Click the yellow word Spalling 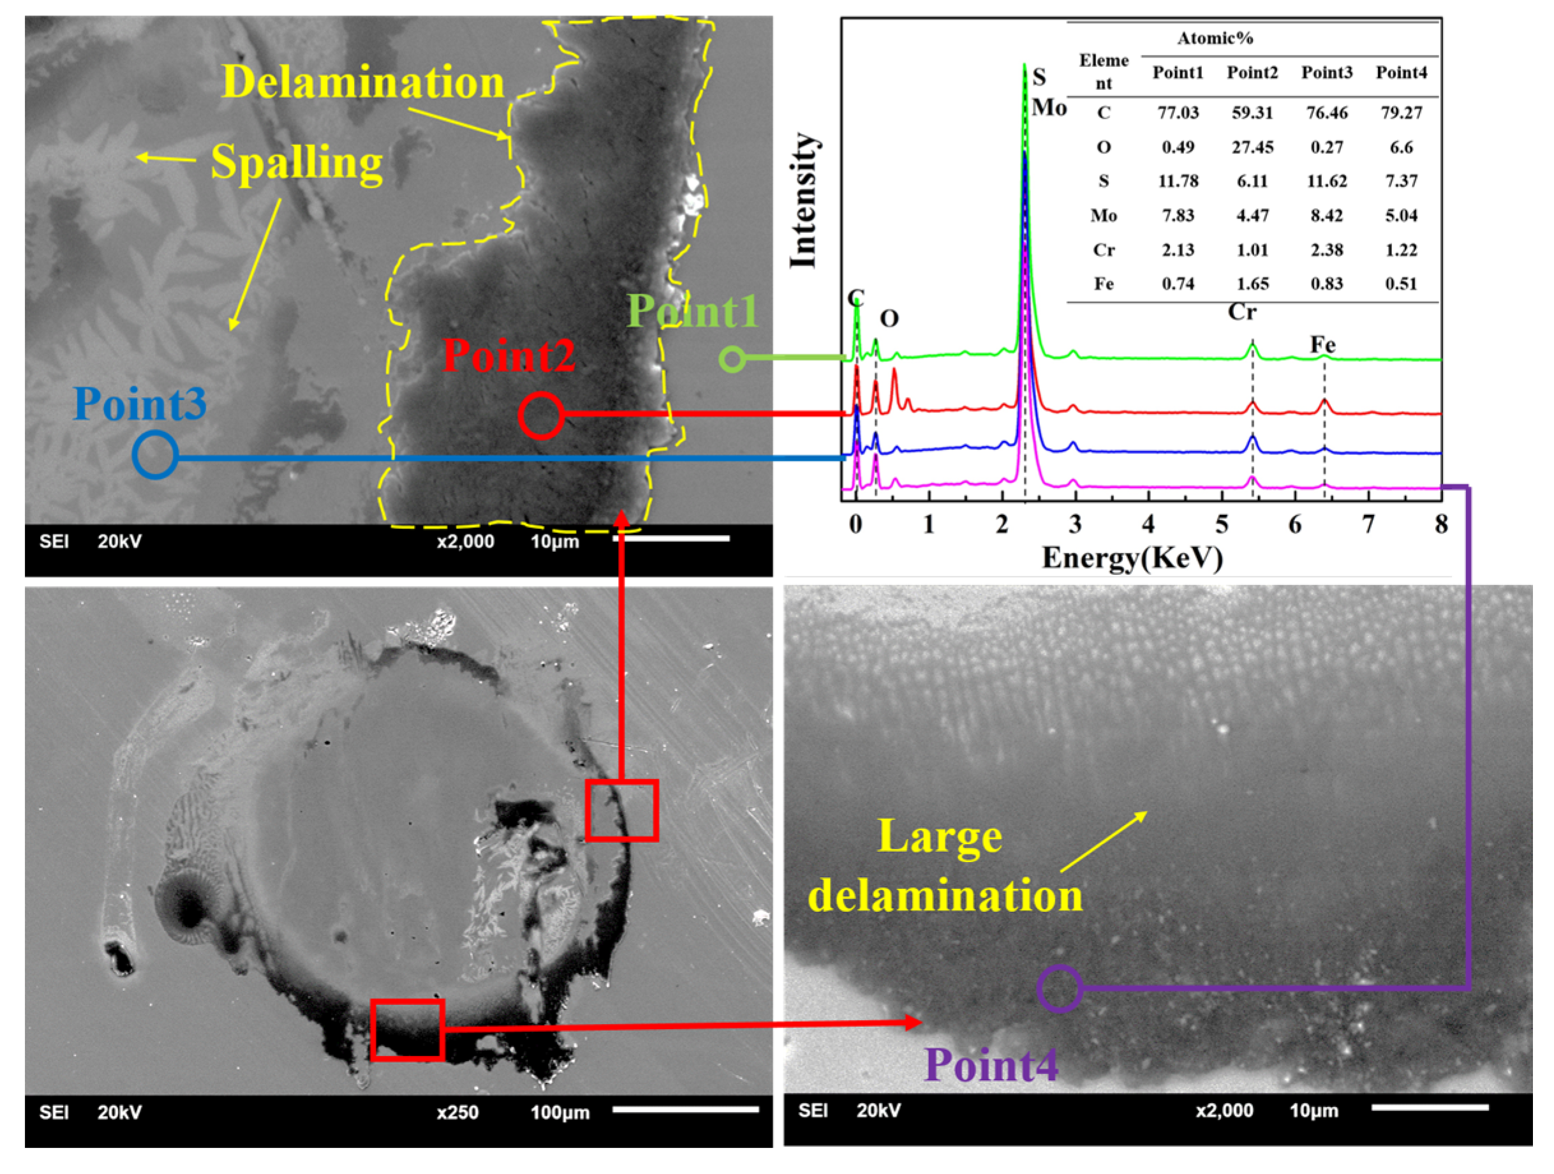[x=297, y=162]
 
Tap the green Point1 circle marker [x=732, y=359]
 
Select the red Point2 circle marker [x=541, y=415]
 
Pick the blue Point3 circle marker [x=154, y=456]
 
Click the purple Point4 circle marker [x=1059, y=988]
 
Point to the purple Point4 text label [x=991, y=1064]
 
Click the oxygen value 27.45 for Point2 [x=1252, y=147]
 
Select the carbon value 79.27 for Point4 [x=1401, y=112]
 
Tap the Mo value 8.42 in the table [x=1326, y=215]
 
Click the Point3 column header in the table [x=1326, y=72]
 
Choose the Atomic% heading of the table [x=1215, y=38]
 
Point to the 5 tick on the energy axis [x=1222, y=524]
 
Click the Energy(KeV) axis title [x=1132, y=558]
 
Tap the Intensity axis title [x=803, y=201]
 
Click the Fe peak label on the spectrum [x=1322, y=345]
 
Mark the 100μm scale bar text [x=560, y=1112]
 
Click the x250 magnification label [x=457, y=1112]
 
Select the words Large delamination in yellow [x=944, y=866]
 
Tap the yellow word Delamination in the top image [x=363, y=82]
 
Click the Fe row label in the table [x=1103, y=284]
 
